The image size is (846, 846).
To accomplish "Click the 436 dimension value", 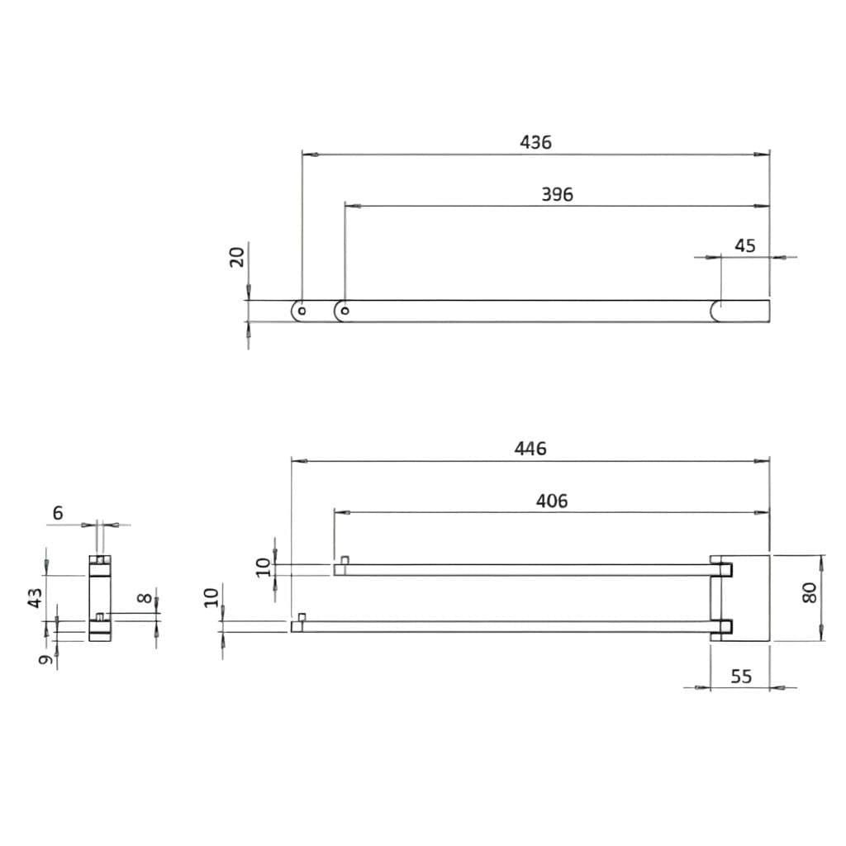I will [x=535, y=142].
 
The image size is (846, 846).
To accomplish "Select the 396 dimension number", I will [x=557, y=195].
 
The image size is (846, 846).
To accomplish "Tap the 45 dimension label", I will [x=745, y=245].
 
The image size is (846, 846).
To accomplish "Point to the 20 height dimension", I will [x=237, y=256].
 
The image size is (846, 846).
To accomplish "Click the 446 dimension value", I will [x=530, y=449].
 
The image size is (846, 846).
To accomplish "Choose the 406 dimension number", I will [x=552, y=501].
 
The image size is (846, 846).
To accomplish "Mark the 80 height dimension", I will [x=809, y=592].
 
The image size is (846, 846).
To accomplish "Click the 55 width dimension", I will [x=741, y=677].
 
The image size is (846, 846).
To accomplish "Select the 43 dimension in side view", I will [x=35, y=597].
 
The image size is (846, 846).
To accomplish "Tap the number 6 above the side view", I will [x=57, y=513].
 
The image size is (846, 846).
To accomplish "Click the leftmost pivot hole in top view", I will [x=302, y=311].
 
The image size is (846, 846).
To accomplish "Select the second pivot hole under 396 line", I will [x=345, y=311].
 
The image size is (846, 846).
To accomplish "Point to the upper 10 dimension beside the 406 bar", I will [x=263, y=567].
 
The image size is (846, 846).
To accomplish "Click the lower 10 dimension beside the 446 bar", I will [x=211, y=596].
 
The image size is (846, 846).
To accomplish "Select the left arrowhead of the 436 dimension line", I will [x=308, y=154].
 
